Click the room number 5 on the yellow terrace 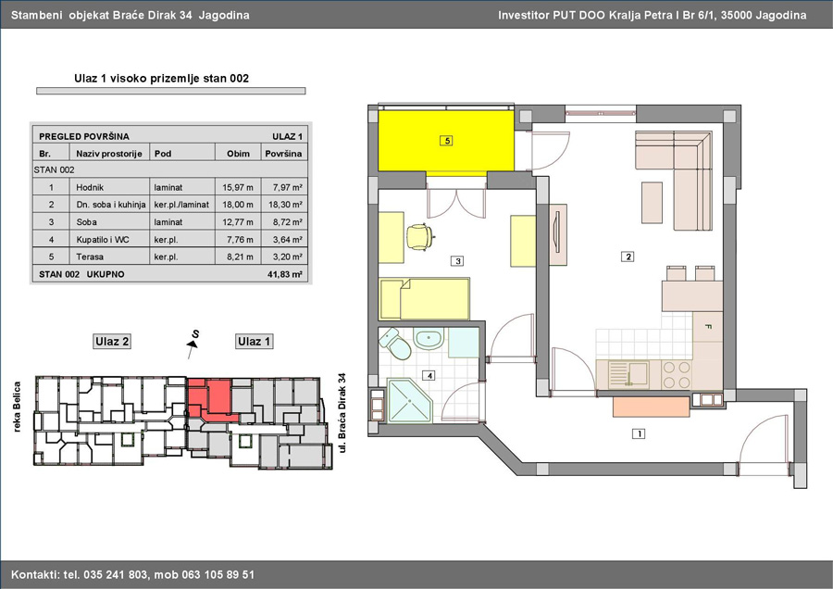click(x=446, y=141)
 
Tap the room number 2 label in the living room click(x=628, y=257)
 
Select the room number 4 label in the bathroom click(x=429, y=376)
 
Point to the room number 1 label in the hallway click(x=639, y=433)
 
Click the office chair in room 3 click(x=420, y=236)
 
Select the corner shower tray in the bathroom click(x=410, y=400)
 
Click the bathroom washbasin click(x=429, y=339)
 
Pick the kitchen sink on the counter click(x=629, y=372)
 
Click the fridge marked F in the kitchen click(x=708, y=327)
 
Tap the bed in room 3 click(x=425, y=299)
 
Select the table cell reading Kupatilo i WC click(x=103, y=239)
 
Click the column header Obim click(x=238, y=154)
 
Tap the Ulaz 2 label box click(x=112, y=342)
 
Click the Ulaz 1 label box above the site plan click(x=254, y=342)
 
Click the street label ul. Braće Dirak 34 click(x=342, y=413)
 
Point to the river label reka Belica click(x=17, y=407)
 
